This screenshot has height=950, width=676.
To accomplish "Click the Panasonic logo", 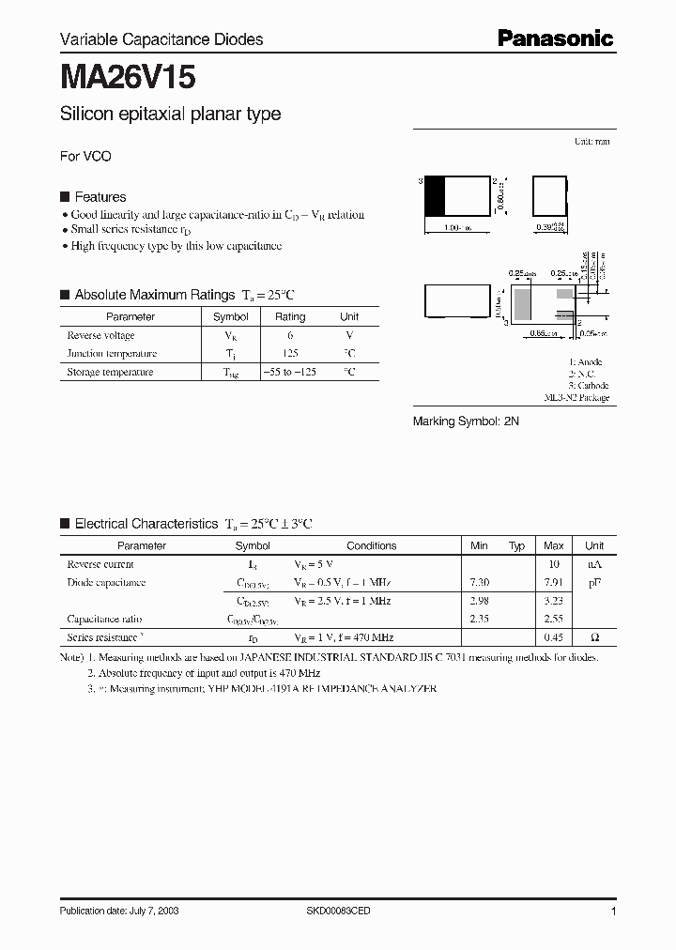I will click(x=554, y=38).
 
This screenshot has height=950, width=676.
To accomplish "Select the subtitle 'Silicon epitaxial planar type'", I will click(x=170, y=115).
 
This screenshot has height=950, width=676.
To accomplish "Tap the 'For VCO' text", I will click(x=85, y=157).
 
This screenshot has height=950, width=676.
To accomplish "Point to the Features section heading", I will click(x=100, y=197).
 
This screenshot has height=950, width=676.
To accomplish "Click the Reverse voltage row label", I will click(x=100, y=335).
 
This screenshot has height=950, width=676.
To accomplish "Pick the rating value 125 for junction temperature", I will click(x=290, y=354).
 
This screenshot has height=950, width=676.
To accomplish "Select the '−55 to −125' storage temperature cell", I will click(x=290, y=372).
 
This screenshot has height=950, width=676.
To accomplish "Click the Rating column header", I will click(x=290, y=317).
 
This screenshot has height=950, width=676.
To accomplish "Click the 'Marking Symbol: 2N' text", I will click(x=466, y=422).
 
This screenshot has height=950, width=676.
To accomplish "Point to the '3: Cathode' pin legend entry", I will click(x=589, y=386).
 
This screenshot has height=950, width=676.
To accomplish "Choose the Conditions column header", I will click(x=371, y=545).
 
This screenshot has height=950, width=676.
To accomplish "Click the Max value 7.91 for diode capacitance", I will click(x=554, y=583).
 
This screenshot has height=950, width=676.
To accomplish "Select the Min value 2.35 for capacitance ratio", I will click(x=479, y=620).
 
